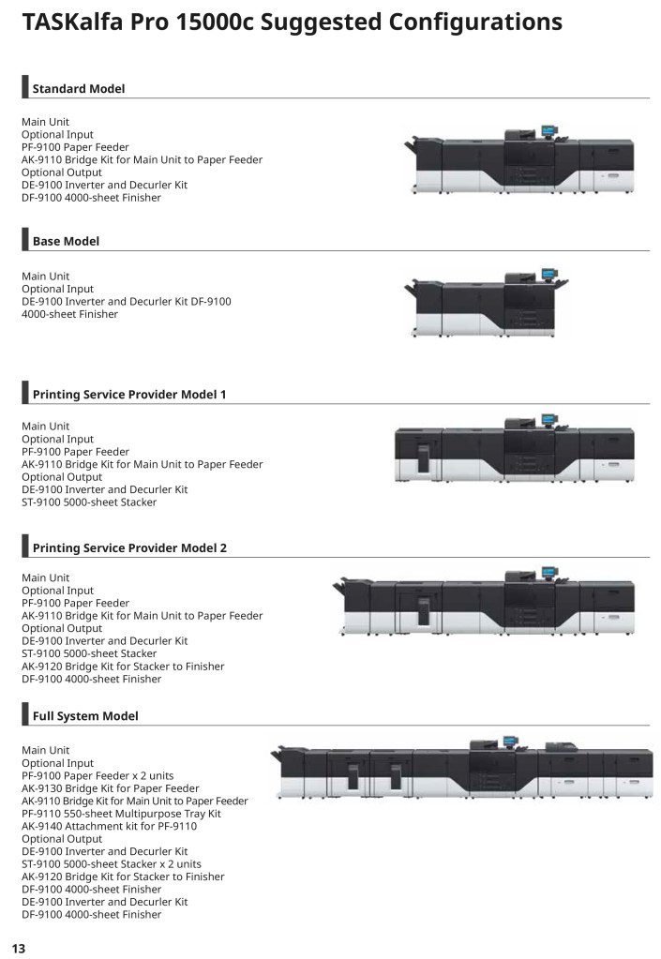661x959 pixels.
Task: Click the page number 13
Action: (x=19, y=948)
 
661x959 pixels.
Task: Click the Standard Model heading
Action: (x=78, y=89)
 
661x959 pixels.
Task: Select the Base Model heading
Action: (x=66, y=241)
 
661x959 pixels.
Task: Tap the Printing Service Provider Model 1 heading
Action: (x=129, y=395)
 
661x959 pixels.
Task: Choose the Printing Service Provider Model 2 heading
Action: (x=129, y=548)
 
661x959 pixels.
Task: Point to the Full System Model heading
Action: (x=85, y=716)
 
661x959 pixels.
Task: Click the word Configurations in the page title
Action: (x=475, y=22)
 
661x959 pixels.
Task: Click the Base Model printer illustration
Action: (x=486, y=303)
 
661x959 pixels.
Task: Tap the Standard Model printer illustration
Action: (x=519, y=160)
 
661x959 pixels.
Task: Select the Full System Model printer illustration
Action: (x=461, y=768)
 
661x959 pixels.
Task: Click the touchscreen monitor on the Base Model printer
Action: (x=549, y=273)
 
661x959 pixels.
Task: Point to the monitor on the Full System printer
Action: (x=511, y=741)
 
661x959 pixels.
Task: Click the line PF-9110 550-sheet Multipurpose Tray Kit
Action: (x=121, y=814)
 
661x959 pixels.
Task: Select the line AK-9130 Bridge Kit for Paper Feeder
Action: (x=110, y=788)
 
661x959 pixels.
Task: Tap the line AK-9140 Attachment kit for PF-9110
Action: (x=110, y=826)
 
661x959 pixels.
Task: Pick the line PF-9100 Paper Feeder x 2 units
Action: (x=98, y=775)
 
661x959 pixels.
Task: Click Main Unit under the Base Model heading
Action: (x=45, y=276)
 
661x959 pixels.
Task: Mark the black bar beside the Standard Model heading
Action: (x=25, y=87)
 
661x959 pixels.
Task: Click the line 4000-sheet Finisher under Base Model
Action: (x=69, y=314)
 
